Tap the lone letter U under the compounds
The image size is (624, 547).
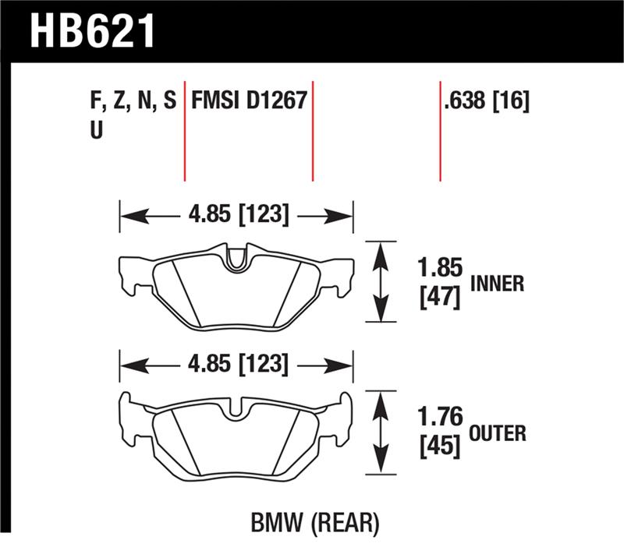(x=97, y=131)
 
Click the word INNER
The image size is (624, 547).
(x=498, y=284)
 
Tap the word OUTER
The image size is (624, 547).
(x=498, y=433)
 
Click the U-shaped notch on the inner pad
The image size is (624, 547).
(x=236, y=260)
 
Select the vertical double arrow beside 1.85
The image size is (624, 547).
(x=381, y=281)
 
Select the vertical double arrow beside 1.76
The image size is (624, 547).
(x=381, y=431)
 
